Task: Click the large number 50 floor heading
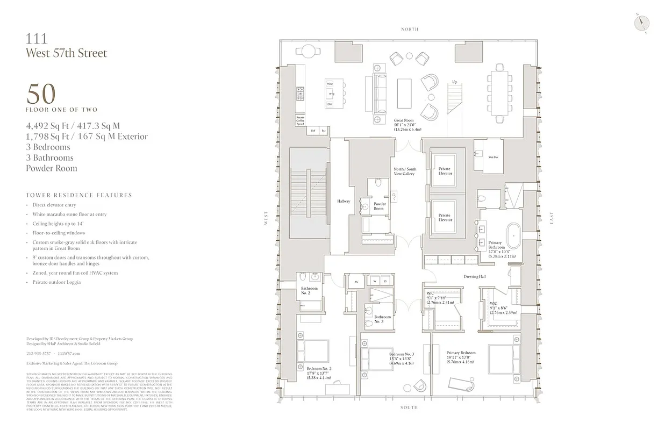(x=41, y=94)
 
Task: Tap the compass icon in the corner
(x=641, y=23)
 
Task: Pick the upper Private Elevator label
(x=445, y=171)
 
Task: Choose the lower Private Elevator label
(x=445, y=218)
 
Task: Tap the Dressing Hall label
(x=475, y=277)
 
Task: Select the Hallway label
(x=344, y=202)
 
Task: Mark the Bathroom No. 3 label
(x=383, y=319)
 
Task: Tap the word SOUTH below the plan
(x=409, y=407)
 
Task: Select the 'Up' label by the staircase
(x=454, y=82)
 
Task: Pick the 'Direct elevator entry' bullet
(x=54, y=205)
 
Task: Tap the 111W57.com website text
(x=68, y=353)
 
